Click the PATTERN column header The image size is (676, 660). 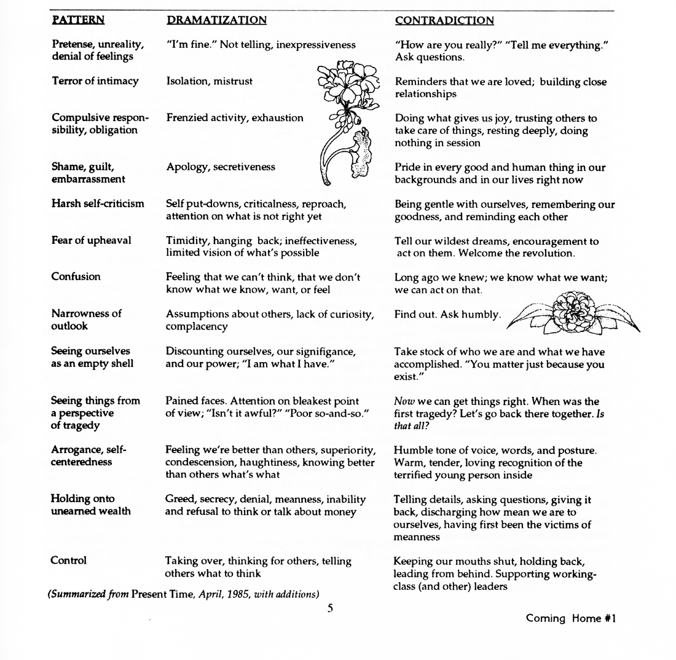pos(78,20)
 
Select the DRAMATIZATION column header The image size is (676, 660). pos(216,20)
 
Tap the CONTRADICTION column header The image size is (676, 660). pos(444,21)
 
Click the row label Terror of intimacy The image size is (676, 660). pos(95,81)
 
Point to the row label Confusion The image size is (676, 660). pos(76,277)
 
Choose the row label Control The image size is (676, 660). pos(69,560)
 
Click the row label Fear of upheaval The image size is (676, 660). pos(92,240)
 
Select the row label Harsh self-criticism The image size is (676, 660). pos(98,203)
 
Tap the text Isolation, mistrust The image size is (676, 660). pos(209,81)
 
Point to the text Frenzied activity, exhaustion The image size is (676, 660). pos(234,118)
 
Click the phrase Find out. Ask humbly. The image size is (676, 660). pos(447,315)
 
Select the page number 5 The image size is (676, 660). pos(330,608)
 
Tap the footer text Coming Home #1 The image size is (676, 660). pos(570,619)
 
